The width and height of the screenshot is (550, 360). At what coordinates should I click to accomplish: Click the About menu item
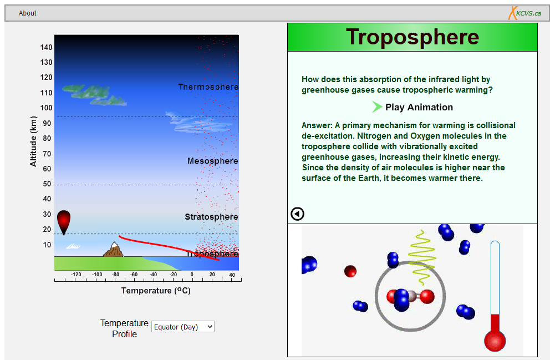(27, 13)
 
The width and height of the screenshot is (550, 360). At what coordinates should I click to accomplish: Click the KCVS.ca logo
(524, 13)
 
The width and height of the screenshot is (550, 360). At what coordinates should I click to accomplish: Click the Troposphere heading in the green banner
(412, 37)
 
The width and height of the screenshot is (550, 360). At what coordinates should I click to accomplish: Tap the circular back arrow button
(297, 214)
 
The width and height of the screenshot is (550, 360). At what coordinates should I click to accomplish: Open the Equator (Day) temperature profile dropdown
(183, 327)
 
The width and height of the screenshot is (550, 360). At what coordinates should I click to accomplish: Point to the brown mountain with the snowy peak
(113, 249)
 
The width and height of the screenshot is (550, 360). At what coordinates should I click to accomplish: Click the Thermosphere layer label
(208, 87)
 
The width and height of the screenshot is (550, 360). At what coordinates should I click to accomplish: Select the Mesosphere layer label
(212, 161)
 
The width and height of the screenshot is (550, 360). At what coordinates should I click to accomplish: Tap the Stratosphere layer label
(211, 217)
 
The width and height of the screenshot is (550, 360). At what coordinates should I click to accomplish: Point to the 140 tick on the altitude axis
(46, 47)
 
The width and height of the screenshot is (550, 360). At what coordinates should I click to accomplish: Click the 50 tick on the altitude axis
(47, 184)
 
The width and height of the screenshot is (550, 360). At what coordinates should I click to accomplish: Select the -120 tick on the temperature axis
(76, 275)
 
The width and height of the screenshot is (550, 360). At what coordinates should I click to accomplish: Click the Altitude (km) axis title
(33, 141)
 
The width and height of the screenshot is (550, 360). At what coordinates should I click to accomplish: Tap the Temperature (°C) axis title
(156, 291)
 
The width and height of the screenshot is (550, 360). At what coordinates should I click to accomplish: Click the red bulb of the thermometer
(495, 341)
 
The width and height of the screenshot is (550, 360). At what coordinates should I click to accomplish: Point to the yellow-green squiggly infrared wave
(421, 257)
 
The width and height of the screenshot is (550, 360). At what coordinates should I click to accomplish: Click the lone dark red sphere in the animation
(350, 271)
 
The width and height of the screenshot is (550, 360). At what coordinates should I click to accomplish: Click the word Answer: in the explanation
(317, 125)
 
